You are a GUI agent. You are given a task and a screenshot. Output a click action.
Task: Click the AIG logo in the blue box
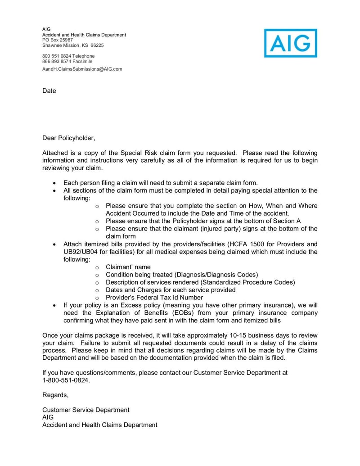pyautogui.click(x=290, y=43)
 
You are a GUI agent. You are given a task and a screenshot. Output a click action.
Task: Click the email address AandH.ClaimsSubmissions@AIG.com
pyautogui.click(x=82, y=69)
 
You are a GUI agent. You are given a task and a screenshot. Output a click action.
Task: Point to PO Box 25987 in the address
pyautogui.click(x=57, y=40)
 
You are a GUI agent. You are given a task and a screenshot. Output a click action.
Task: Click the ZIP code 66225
pyautogui.click(x=97, y=45)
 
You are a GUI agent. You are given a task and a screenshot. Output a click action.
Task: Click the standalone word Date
pyautogui.click(x=49, y=91)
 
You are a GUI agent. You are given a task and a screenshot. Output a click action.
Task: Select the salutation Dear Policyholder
pyautogui.click(x=69, y=138)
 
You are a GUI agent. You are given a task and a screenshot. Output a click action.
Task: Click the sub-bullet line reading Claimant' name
pyautogui.click(x=128, y=267)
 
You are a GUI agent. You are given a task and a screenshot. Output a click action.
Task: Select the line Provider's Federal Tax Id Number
pyautogui.click(x=154, y=298)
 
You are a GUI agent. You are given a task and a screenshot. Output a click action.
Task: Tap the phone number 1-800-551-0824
pyautogui.click(x=66, y=380)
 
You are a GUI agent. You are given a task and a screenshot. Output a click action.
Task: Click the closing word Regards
pyautogui.click(x=55, y=395)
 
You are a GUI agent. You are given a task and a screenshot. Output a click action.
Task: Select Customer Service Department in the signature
pyautogui.click(x=85, y=410)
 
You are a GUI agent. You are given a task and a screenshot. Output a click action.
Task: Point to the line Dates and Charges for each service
pyautogui.click(x=170, y=290)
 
